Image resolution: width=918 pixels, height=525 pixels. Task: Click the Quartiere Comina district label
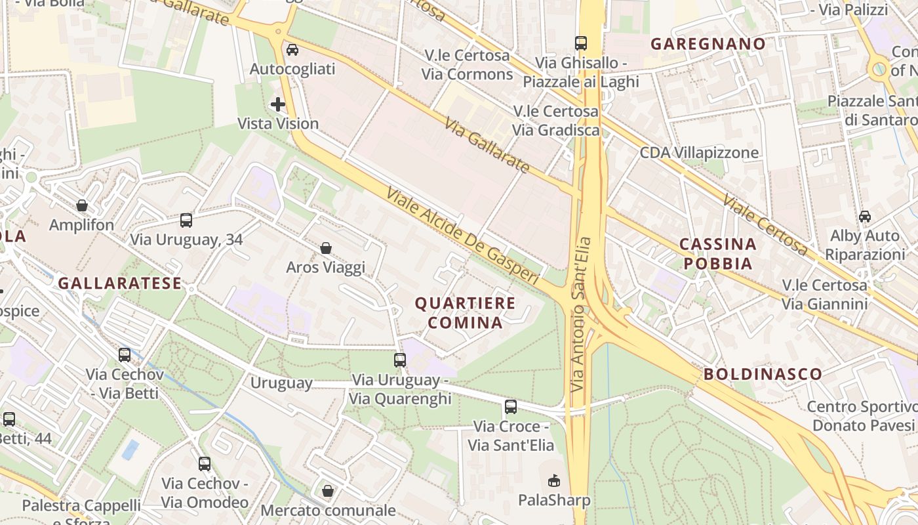click(x=465, y=312)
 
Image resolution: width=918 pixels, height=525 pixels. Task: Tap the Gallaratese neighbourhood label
click(x=119, y=283)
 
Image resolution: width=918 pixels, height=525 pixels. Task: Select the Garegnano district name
click(x=708, y=44)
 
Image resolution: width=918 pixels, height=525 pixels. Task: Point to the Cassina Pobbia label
click(x=717, y=253)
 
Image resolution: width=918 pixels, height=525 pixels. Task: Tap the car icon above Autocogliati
click(x=292, y=49)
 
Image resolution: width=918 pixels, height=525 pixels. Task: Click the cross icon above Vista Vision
click(x=278, y=104)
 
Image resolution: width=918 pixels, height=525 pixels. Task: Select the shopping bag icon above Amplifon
click(x=82, y=205)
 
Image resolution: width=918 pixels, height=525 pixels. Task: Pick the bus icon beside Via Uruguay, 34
click(x=186, y=220)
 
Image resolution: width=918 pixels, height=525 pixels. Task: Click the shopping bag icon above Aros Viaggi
click(x=326, y=248)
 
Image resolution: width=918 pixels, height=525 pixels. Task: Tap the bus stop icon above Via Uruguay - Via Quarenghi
click(x=400, y=360)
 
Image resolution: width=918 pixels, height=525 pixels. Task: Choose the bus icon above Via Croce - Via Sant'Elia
click(x=511, y=406)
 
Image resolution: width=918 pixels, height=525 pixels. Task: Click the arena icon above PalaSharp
click(x=554, y=480)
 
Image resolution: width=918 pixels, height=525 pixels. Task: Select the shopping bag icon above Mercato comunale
click(x=328, y=491)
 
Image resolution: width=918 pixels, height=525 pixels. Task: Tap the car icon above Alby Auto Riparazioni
click(x=865, y=216)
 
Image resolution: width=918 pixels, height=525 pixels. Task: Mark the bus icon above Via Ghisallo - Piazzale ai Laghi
click(x=581, y=43)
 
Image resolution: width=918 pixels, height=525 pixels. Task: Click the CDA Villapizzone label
click(x=699, y=153)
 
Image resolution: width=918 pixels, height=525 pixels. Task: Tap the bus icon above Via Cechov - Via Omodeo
click(x=205, y=464)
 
